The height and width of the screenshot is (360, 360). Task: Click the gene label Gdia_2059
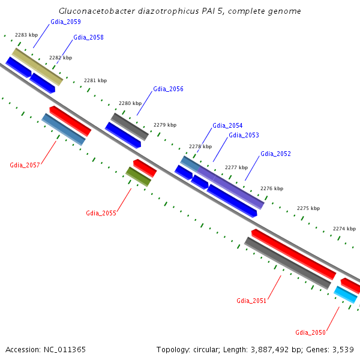[x=65, y=22]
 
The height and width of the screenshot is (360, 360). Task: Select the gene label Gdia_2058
[x=88, y=37]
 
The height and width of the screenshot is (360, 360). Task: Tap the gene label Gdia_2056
[x=168, y=89]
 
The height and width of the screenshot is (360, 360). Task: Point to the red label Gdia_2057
[x=25, y=165]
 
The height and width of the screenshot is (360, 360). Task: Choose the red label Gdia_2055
[x=101, y=213]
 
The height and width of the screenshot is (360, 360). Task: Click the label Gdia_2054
[x=227, y=125]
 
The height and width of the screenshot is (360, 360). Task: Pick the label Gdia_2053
[x=244, y=135]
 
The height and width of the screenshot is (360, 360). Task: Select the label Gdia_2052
[x=275, y=154]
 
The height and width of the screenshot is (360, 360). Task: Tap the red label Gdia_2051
[x=251, y=301]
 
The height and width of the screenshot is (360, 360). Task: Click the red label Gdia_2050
[x=310, y=332]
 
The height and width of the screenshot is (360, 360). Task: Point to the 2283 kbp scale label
[x=26, y=35]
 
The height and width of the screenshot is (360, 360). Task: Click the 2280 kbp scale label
[x=130, y=103]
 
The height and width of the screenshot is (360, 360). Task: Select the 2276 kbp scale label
[x=271, y=188]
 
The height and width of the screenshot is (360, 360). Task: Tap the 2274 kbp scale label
[x=344, y=229]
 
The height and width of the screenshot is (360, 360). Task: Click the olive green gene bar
[x=139, y=176]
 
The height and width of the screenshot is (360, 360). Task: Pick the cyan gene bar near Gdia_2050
[x=346, y=295]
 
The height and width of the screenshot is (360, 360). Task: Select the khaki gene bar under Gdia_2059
[x=37, y=67]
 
